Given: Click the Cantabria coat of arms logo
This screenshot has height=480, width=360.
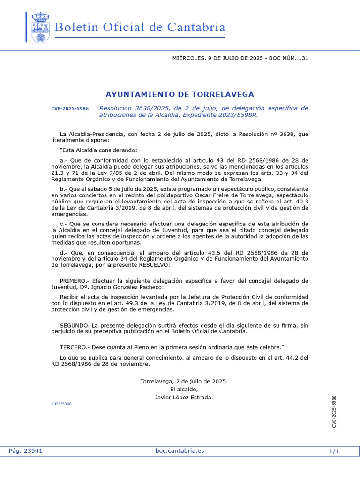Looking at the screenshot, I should tap(40, 28).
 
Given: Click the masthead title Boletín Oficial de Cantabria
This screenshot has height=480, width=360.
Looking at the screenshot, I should tap(140, 28).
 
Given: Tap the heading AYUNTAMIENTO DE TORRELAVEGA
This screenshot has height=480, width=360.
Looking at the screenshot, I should tap(180, 94).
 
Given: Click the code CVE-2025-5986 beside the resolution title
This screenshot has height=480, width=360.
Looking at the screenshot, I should tap(70, 109).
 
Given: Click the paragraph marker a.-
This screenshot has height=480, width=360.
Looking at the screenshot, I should tap(64, 160).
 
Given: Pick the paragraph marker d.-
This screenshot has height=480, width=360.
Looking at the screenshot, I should tap(64, 253).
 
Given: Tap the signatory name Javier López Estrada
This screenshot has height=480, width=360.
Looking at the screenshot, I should tap(184, 397).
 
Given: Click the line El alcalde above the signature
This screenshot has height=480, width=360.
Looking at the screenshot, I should tap(184, 389).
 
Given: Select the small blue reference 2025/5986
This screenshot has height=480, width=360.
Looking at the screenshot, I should tap(61, 403).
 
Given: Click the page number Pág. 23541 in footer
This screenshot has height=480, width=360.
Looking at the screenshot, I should tap(26, 451).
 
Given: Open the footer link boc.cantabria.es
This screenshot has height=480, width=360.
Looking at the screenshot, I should tap(180, 451).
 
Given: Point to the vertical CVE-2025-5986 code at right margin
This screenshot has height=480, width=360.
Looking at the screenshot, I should tap(334, 411).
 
